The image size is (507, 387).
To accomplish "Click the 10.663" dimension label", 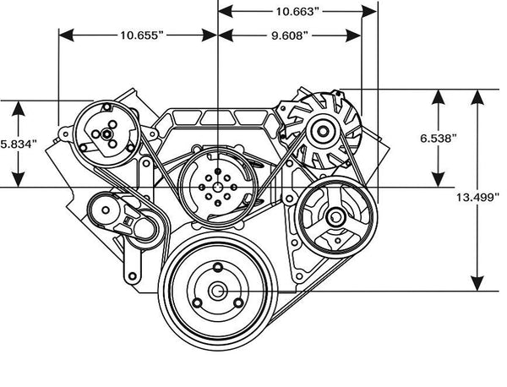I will tap(297, 12).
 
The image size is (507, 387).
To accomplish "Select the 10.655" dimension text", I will tap(140, 36).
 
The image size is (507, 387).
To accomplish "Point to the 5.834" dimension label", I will tap(18, 144).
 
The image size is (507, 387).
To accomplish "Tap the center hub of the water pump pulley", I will tap(217, 186).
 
